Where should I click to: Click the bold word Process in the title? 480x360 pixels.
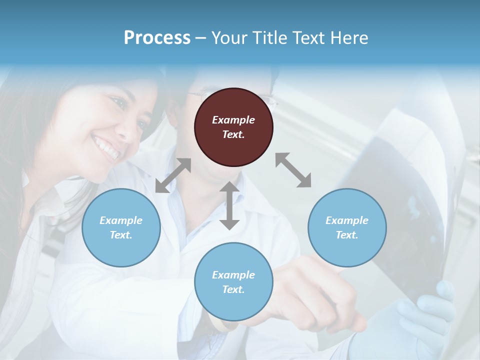pyautogui.click(x=157, y=38)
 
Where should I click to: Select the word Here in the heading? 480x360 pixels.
pyautogui.click(x=348, y=38)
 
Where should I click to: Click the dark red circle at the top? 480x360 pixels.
pyautogui.click(x=233, y=127)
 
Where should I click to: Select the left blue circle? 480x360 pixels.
pyautogui.click(x=121, y=227)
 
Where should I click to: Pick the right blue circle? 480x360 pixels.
pyautogui.click(x=347, y=227)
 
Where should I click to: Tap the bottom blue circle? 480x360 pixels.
pyautogui.click(x=233, y=282)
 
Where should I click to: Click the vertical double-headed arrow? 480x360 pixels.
pyautogui.click(x=229, y=205)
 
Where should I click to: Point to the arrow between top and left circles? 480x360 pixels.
pyautogui.click(x=173, y=175)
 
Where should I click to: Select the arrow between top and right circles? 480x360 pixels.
pyautogui.click(x=293, y=170)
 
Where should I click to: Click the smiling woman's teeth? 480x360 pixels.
pyautogui.click(x=106, y=148)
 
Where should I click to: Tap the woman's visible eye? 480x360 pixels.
pyautogui.click(x=119, y=103)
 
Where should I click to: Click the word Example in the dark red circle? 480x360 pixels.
pyautogui.click(x=233, y=120)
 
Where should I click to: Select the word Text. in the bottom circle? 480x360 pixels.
pyautogui.click(x=233, y=289)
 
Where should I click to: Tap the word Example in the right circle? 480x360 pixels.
pyautogui.click(x=347, y=220)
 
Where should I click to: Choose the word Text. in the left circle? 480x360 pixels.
pyautogui.click(x=121, y=235)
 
